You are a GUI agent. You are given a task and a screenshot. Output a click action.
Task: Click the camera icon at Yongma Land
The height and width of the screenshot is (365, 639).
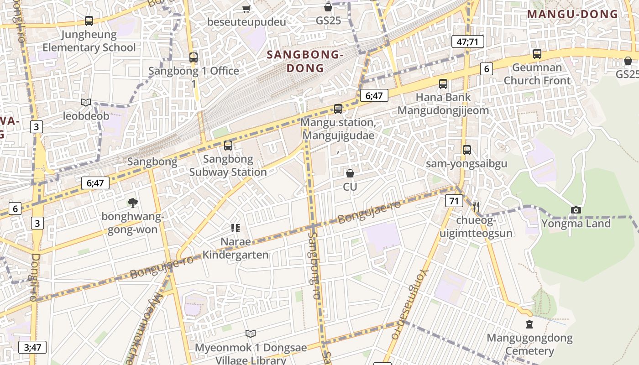click(576, 210)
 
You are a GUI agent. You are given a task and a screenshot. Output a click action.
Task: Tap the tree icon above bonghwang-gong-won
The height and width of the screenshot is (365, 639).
click(132, 202)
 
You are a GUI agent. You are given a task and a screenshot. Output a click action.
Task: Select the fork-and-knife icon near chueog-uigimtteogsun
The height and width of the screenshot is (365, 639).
click(476, 207)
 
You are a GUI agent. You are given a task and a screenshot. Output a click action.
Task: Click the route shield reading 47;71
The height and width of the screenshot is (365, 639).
click(467, 42)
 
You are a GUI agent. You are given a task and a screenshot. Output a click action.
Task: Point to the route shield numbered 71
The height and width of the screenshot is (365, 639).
click(454, 201)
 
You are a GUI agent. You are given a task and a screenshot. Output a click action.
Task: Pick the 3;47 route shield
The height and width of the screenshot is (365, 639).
click(32, 347)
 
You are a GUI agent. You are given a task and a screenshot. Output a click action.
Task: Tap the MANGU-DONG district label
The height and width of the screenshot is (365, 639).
click(572, 14)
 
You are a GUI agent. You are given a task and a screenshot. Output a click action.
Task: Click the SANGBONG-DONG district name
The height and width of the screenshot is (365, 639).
click(305, 62)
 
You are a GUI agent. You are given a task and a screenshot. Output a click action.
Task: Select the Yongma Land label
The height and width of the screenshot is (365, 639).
click(576, 224)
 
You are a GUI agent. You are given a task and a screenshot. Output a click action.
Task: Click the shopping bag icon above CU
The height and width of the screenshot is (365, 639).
click(350, 173)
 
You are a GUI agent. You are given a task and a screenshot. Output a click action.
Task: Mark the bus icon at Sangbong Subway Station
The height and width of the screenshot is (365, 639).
click(228, 146)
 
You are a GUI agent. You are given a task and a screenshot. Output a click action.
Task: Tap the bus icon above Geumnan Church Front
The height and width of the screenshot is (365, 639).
click(537, 54)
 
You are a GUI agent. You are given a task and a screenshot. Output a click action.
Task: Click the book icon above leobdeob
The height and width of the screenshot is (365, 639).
click(86, 102)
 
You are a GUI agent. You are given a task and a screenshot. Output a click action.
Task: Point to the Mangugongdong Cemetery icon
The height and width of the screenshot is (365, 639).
click(529, 324)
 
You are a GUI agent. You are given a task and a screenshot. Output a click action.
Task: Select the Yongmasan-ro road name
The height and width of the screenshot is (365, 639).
click(410, 304)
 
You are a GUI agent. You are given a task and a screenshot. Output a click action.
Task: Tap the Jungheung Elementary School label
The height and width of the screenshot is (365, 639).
click(89, 41)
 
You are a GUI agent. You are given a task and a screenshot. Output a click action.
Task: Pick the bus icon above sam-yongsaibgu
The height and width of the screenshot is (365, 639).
click(466, 150)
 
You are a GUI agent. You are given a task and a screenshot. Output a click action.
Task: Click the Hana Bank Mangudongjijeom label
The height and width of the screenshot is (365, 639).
click(443, 104)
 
